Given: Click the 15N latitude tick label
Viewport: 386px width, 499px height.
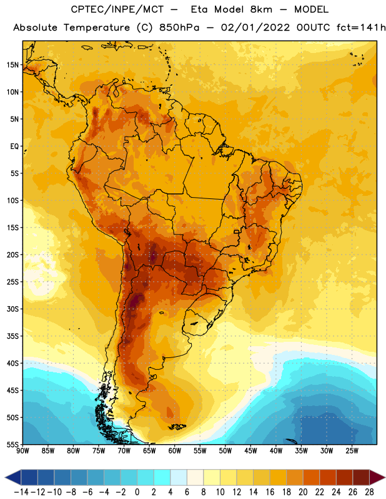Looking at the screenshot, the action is click(12, 65).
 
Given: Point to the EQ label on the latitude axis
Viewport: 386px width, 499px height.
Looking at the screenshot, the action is click(14, 147).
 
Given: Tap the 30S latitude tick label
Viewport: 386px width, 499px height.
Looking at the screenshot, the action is click(12, 309).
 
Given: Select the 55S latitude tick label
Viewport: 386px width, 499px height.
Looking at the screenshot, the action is click(12, 445).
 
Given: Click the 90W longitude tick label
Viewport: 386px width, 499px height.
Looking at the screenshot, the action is click(22, 451).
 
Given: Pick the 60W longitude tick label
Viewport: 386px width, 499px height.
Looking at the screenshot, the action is click(175, 451).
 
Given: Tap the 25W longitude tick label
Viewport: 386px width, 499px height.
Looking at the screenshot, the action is click(352, 451).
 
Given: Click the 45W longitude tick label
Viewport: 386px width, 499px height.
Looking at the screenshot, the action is click(250, 451).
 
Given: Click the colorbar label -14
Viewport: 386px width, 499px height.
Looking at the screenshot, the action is click(21, 492).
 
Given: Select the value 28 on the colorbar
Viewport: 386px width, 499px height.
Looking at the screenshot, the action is click(369, 492).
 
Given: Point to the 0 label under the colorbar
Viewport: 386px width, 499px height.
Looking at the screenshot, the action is click(137, 492).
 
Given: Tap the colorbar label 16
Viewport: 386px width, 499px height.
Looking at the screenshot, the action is click(270, 492).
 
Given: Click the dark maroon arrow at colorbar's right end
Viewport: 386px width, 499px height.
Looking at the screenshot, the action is click(377, 477).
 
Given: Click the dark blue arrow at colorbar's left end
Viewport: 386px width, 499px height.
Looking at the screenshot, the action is click(13, 477).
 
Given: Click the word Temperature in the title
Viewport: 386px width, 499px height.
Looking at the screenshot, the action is click(97, 27).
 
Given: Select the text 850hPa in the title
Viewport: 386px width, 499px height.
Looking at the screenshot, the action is click(179, 27).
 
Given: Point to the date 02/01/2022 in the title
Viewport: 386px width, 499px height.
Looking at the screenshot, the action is click(255, 27).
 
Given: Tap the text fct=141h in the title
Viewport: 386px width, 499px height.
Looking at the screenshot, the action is click(361, 27).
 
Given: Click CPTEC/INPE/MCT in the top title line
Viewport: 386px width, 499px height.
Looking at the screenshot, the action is click(117, 9).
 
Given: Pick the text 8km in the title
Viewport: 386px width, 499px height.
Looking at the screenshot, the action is click(261, 9).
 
